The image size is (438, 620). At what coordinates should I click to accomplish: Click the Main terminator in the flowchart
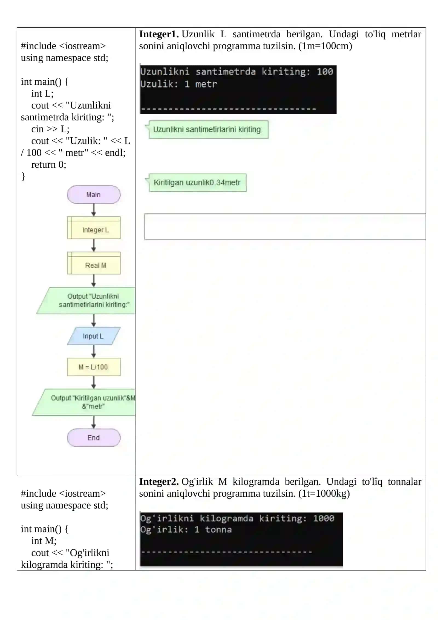94,195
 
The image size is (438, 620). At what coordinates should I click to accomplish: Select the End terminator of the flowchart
94,438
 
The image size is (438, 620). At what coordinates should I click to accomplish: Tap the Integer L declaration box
94,228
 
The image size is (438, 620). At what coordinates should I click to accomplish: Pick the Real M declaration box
94,263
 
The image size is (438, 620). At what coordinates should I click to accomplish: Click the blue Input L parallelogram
94,336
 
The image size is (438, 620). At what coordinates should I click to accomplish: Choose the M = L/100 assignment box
94,367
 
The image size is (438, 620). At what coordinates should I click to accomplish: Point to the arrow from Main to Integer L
94,210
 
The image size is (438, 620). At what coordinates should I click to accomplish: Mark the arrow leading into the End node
94,422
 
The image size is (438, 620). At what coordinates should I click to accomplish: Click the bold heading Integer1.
159,34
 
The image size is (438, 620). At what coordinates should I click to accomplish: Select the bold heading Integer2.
159,482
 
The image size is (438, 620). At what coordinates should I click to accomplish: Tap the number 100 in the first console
325,72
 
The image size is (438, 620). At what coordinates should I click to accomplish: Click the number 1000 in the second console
324,518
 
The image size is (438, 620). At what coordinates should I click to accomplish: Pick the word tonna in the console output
218,530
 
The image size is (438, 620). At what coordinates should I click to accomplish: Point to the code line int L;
42,93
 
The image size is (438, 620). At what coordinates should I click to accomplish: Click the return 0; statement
49,164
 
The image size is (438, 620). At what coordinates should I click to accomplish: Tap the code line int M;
44,541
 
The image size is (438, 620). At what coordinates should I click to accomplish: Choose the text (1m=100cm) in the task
325,46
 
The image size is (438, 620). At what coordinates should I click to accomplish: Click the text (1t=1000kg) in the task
324,493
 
